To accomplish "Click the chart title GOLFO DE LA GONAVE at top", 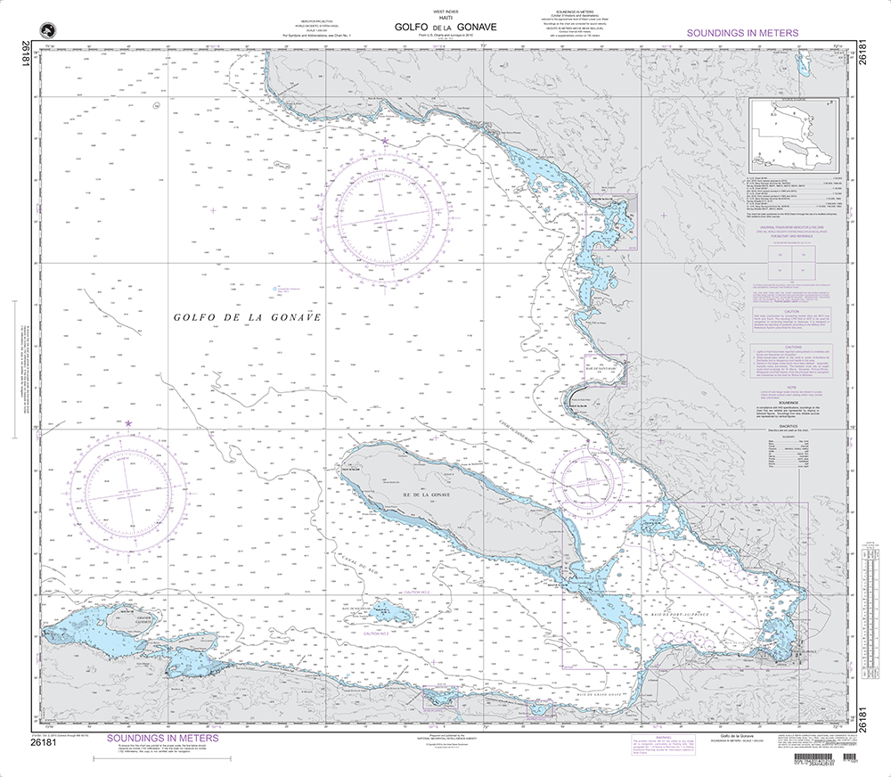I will pos(445,27).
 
